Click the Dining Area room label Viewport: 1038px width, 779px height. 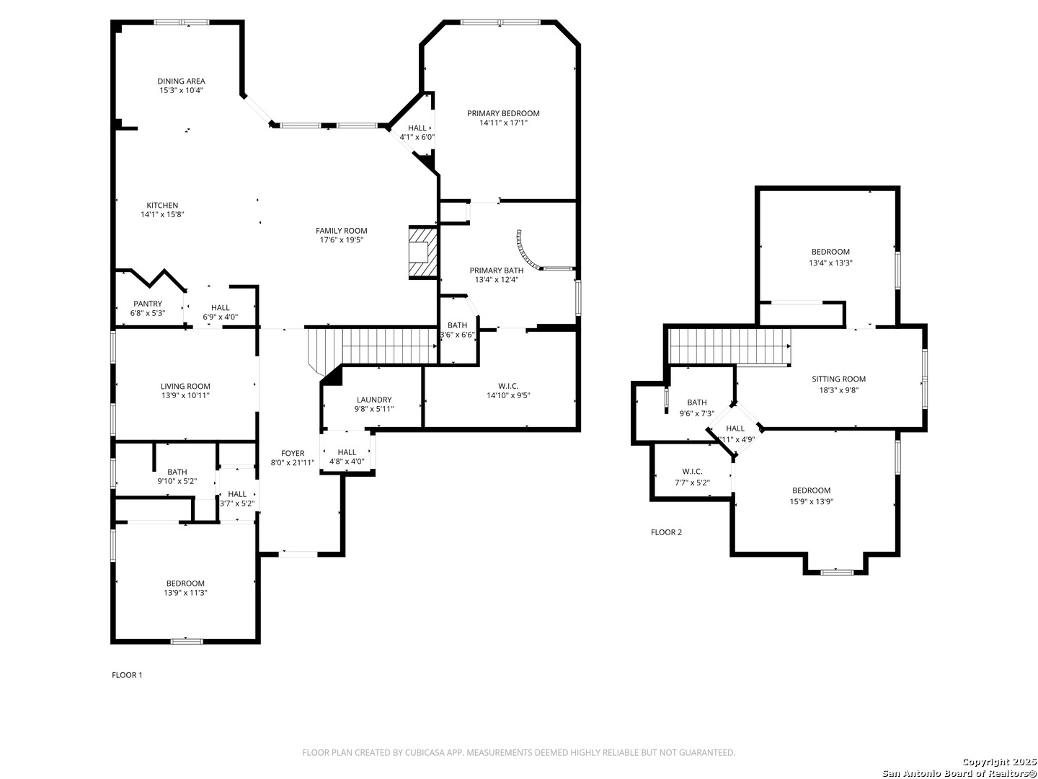point(182,82)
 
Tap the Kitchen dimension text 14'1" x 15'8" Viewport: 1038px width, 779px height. point(162,215)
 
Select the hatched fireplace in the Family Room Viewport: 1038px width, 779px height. point(423,252)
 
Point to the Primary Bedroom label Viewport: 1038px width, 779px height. point(503,113)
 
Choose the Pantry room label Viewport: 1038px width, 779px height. point(148,304)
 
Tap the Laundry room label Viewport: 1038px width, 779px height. point(374,400)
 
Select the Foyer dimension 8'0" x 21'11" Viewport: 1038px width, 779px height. point(293,463)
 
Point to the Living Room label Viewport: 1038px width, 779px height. point(185,386)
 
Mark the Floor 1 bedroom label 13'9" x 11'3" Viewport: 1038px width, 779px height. point(185,593)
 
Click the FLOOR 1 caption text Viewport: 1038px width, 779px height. point(127,675)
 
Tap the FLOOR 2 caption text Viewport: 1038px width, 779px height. point(666,532)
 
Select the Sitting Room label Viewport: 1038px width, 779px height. point(838,379)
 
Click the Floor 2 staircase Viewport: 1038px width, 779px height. point(728,346)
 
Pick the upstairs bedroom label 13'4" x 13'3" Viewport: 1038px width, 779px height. point(830,263)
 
